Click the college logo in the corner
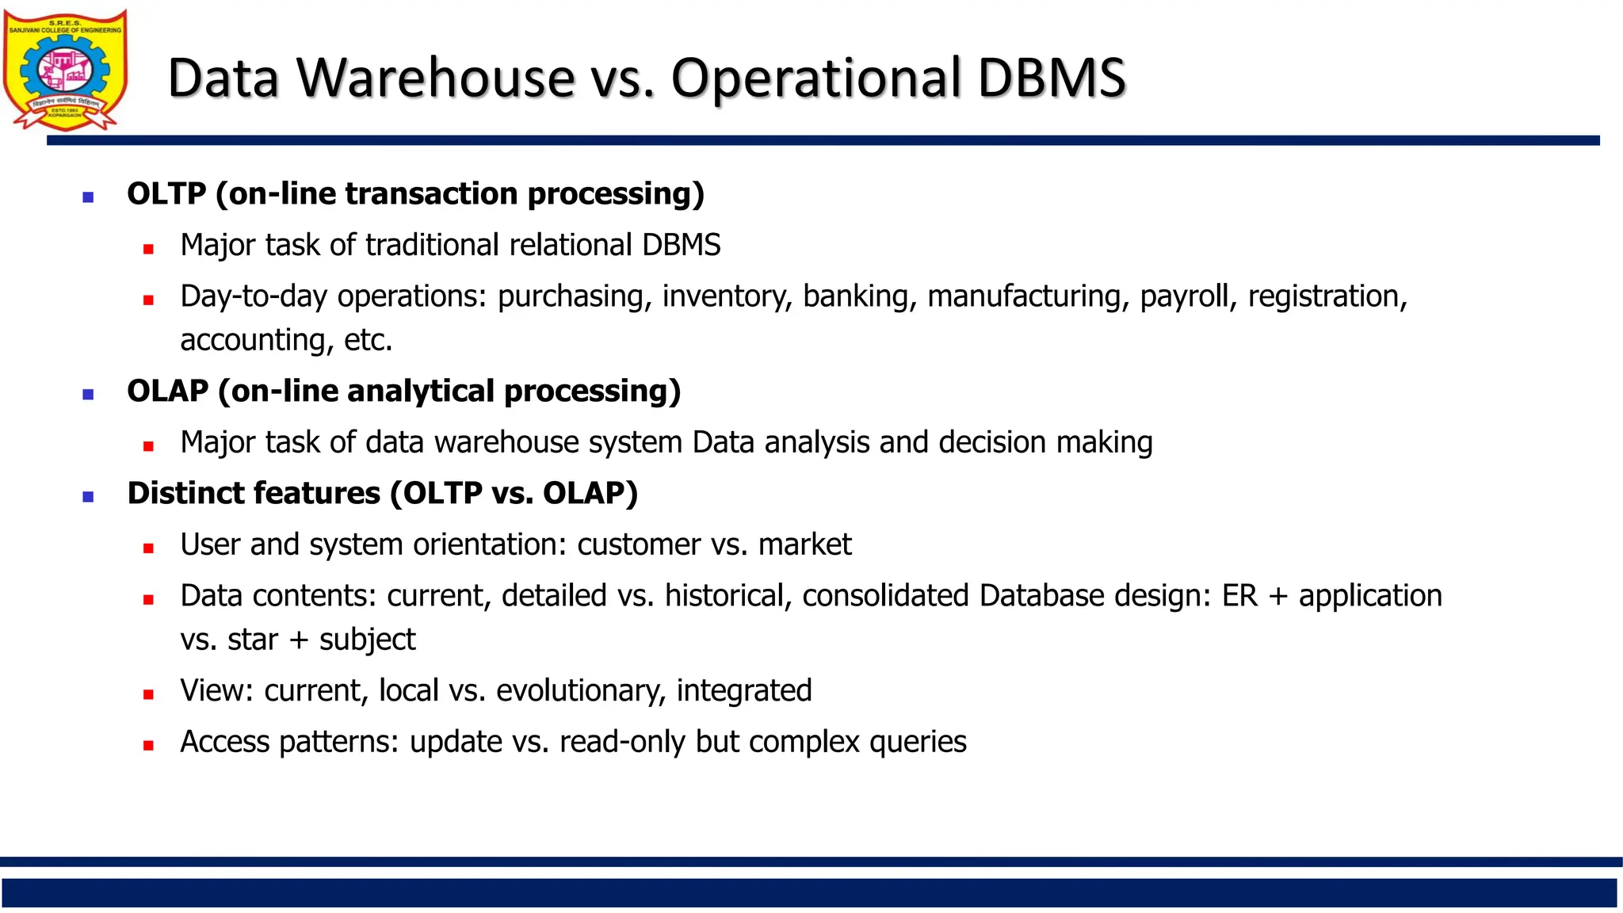tap(65, 70)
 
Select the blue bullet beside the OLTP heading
tap(88, 197)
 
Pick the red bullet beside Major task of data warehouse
tap(148, 446)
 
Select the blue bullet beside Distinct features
tap(88, 497)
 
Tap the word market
tap(804, 544)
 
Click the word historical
tap(728, 596)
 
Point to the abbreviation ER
tap(1239, 596)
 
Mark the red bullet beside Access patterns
tap(148, 746)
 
